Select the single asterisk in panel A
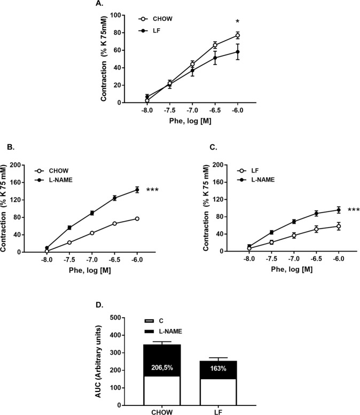(x=238, y=22)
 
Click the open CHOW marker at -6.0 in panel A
(x=238, y=36)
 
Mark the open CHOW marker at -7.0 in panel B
(x=92, y=233)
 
